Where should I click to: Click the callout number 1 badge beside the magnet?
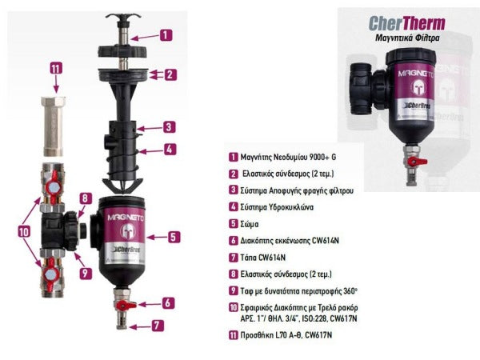point(166,35)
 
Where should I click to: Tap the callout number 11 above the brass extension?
point(56,68)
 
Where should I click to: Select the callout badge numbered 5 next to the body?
point(174,237)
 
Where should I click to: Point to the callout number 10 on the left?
point(23,232)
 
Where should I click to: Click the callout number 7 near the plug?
point(158,325)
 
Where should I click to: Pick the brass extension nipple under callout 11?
point(53,126)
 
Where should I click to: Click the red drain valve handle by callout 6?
point(126,305)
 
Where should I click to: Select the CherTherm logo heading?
point(407,23)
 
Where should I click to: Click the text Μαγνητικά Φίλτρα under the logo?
point(407,38)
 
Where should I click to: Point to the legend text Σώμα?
point(249,224)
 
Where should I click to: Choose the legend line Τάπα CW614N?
point(262,258)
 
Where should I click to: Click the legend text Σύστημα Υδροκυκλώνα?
point(277,207)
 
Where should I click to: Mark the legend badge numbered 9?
point(234,290)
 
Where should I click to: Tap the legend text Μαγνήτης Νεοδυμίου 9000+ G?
point(288,157)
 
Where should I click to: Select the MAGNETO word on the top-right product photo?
point(415,74)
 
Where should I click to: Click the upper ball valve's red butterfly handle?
point(53,186)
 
